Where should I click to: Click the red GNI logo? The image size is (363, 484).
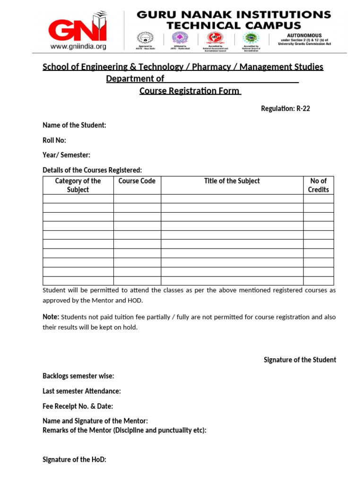coord(78,30)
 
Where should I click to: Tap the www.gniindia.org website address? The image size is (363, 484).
coord(78,46)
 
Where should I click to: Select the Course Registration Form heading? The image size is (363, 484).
coord(190,91)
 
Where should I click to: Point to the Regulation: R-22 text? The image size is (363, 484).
coord(285,109)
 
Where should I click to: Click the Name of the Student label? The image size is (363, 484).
coord(74,125)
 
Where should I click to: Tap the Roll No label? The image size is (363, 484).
coord(54,140)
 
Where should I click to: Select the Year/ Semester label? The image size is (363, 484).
coord(66,155)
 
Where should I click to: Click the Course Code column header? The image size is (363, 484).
coord(137,181)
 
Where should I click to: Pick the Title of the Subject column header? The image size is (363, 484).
coord(232,181)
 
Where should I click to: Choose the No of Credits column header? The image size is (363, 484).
coord(318,185)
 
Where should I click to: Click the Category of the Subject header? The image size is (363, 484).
coord(78,185)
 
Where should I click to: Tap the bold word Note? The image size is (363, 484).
coord(51,317)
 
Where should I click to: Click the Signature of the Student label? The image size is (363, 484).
coord(300,360)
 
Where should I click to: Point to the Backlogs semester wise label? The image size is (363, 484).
coord(78,376)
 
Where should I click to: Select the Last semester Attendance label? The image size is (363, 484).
coord(81,391)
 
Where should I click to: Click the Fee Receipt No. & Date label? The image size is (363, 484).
coord(78,406)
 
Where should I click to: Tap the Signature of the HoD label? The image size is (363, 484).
coord(74,459)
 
